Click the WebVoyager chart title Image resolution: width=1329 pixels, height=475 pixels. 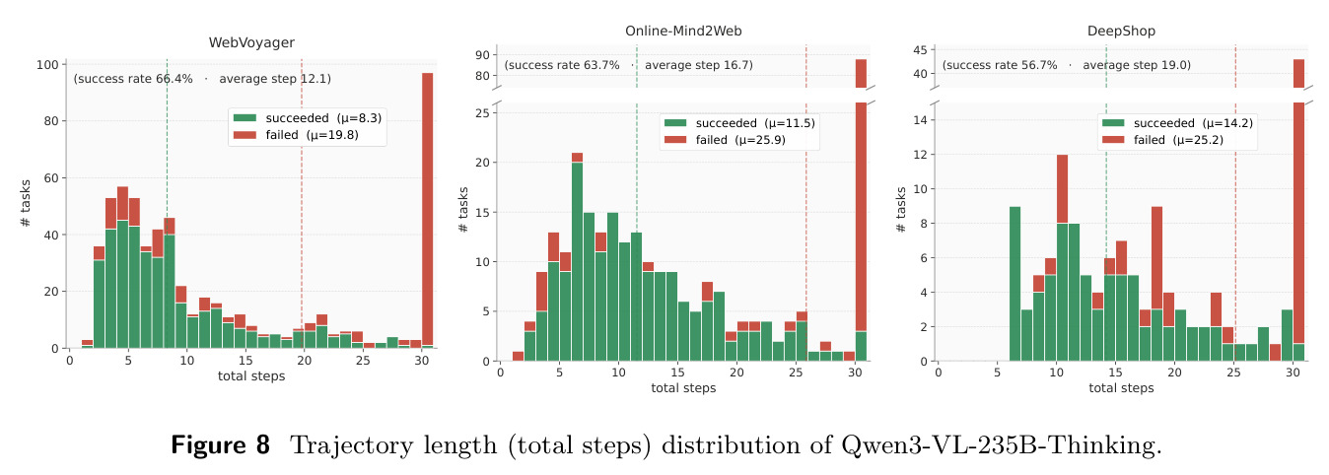[x=251, y=42]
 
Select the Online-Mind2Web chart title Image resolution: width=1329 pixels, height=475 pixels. [x=683, y=31]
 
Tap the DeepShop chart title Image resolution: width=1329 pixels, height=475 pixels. [x=1121, y=31]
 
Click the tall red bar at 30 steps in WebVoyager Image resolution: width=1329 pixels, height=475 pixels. [x=427, y=209]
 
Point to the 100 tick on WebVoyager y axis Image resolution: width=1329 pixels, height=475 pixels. [x=47, y=65]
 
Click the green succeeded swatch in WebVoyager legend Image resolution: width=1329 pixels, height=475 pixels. [x=245, y=118]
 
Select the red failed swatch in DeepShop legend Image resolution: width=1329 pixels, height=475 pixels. [x=1113, y=139]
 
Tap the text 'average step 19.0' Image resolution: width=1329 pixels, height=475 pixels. [x=1135, y=65]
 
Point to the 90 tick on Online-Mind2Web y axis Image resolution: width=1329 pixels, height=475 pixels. [x=482, y=55]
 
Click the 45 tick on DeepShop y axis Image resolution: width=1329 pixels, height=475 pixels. [x=920, y=50]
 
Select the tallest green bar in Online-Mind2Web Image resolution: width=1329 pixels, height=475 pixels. [x=577, y=261]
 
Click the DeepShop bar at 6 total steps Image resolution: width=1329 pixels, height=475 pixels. [x=1015, y=284]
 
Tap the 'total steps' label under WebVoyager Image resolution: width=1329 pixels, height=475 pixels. [x=251, y=376]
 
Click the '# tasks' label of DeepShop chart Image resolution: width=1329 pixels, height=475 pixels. [x=901, y=210]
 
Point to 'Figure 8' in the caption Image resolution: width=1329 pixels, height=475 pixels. [x=220, y=445]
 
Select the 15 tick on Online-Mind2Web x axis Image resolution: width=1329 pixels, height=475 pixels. [x=677, y=373]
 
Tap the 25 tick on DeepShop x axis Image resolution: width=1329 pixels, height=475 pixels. [x=1233, y=373]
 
